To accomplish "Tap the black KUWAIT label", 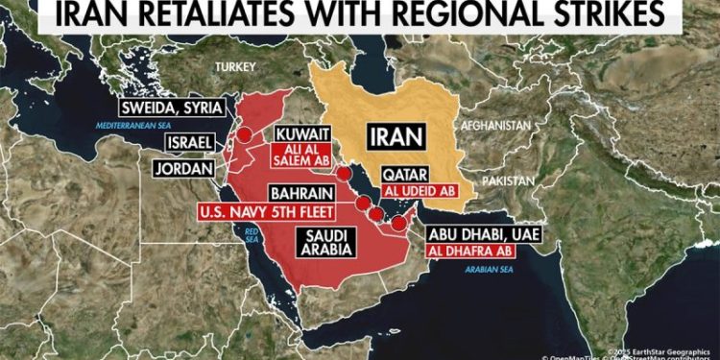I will coord(303,134).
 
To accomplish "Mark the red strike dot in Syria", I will coord(245,135).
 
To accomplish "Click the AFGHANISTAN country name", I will coord(495,126).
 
